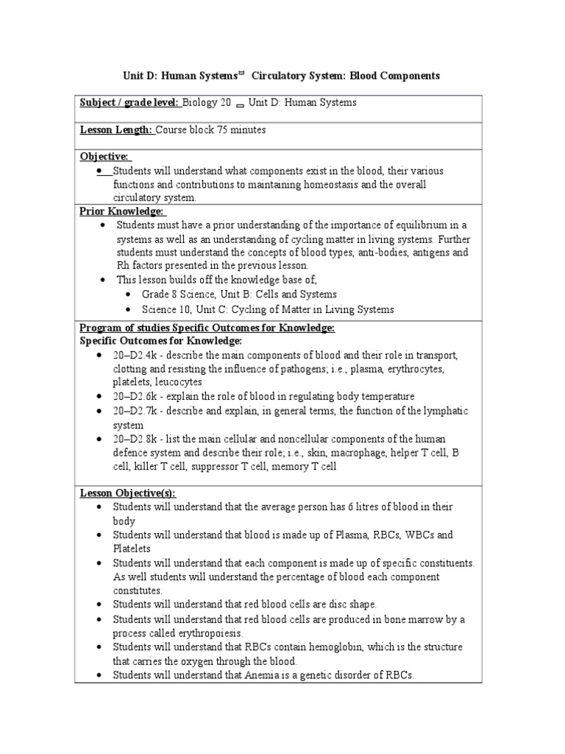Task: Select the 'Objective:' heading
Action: pos(104,156)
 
